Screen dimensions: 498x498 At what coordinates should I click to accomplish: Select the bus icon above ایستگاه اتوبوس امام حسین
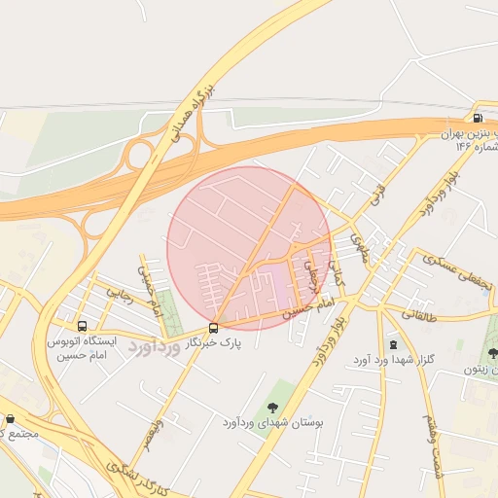point(82,327)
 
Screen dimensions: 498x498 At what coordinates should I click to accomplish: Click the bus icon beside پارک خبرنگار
point(214,328)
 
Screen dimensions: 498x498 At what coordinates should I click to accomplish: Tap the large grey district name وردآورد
point(155,348)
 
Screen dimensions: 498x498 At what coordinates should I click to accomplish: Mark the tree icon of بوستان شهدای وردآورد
point(271,406)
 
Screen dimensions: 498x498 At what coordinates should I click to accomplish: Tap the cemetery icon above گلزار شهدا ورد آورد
point(393,343)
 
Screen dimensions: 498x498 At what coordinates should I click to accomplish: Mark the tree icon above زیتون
point(492,351)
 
